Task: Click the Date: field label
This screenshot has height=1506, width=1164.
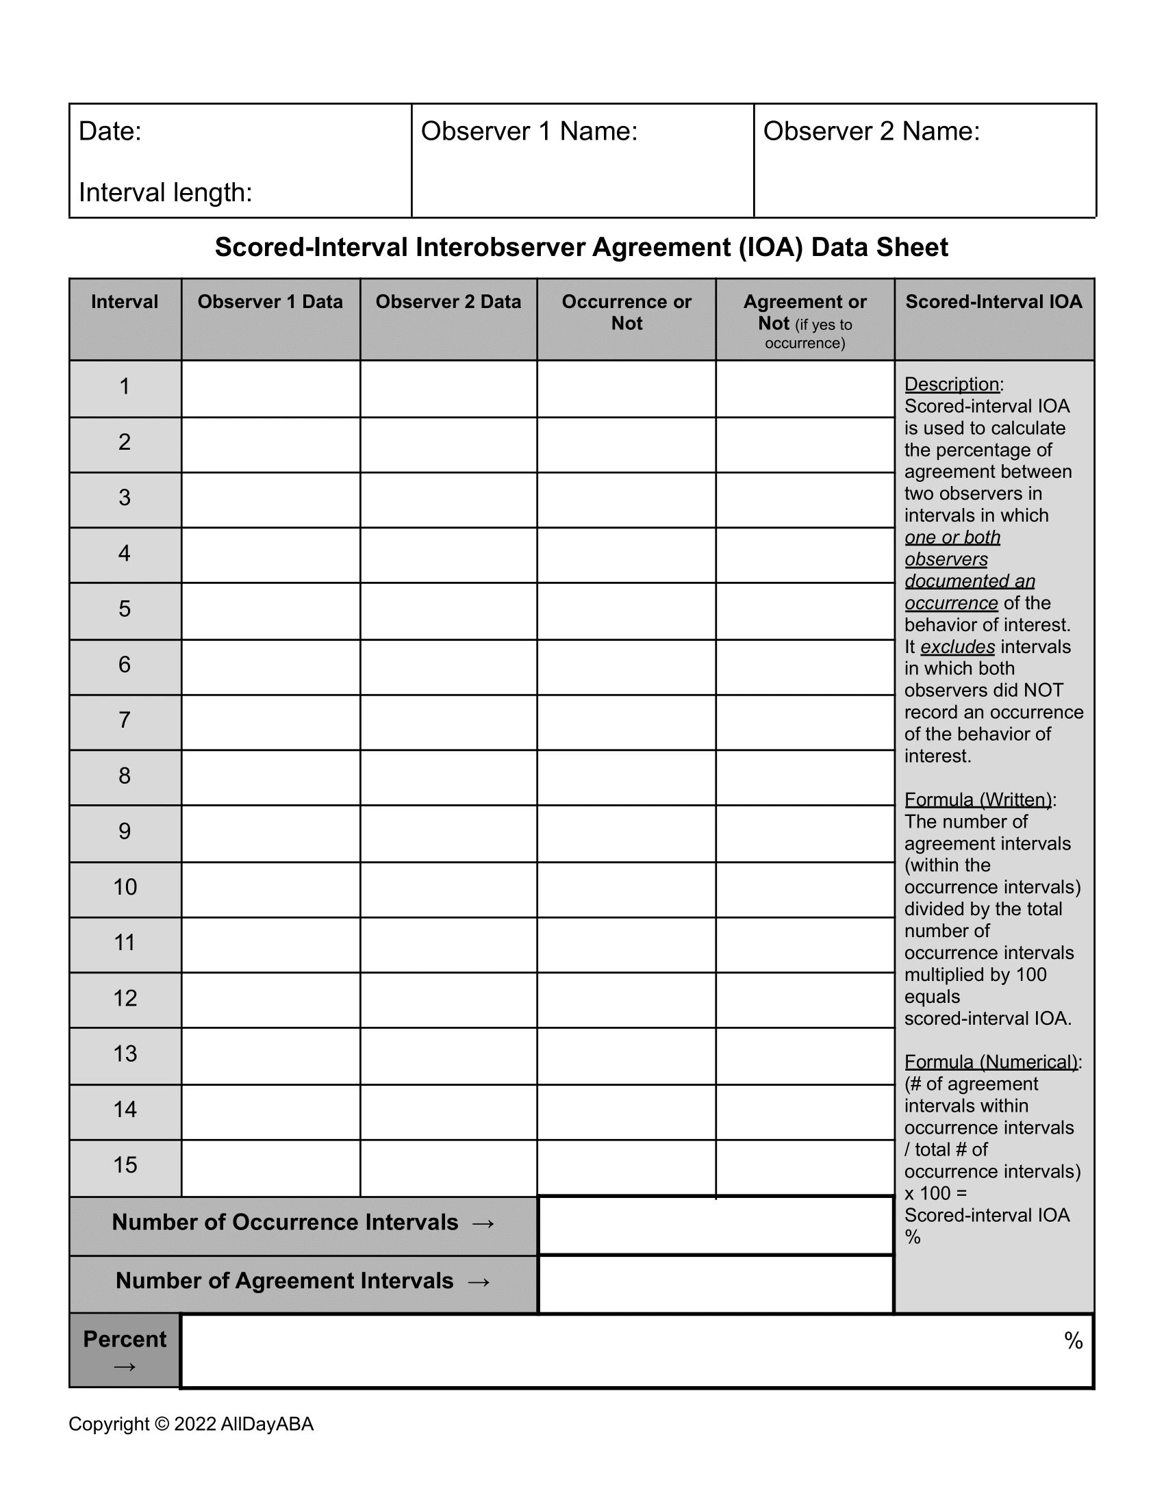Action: (110, 131)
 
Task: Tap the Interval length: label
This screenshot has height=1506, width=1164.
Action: (166, 192)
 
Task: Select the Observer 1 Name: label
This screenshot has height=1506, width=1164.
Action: (529, 131)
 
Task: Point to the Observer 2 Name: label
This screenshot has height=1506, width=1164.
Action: (871, 131)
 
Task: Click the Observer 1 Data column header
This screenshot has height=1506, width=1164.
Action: (270, 301)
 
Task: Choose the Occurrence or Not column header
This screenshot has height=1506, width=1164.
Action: (626, 311)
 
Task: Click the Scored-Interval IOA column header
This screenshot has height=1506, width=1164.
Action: (994, 301)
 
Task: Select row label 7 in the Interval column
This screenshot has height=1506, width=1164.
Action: (124, 720)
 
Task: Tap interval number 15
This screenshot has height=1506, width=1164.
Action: (125, 1164)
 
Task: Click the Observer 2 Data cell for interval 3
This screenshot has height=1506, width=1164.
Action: (448, 500)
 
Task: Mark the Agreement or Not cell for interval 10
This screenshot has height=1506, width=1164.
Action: (805, 889)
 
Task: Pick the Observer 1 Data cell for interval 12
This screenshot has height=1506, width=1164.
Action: (270, 1000)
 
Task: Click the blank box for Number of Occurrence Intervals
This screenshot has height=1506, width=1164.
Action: (715, 1225)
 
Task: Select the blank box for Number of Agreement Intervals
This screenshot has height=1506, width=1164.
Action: (715, 1284)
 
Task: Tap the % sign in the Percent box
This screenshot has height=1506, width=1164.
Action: (1073, 1340)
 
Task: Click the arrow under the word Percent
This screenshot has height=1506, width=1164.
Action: (124, 1366)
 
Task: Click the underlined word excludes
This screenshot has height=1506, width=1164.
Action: (957, 647)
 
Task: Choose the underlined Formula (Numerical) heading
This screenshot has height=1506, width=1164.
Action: (991, 1062)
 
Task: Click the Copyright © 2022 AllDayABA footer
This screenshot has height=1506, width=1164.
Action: (191, 1424)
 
